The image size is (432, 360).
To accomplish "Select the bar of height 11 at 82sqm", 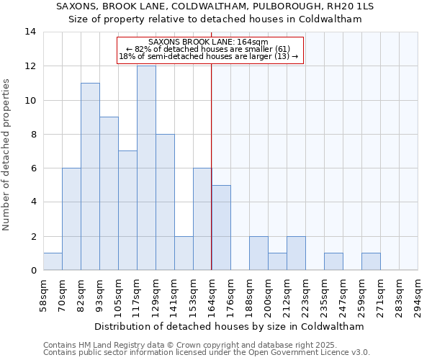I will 90,176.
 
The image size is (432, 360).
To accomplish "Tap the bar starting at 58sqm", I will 53,261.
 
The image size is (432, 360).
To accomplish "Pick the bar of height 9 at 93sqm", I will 109,194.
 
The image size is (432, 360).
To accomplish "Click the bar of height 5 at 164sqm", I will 221,228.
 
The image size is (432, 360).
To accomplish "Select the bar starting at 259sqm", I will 371,261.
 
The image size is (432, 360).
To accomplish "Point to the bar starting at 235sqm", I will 333,261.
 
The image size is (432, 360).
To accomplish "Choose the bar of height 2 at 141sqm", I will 184,253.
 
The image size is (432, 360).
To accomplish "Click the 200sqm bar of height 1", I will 277,261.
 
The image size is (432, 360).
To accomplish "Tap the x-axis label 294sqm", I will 418,295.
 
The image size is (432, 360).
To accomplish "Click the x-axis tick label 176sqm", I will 231,295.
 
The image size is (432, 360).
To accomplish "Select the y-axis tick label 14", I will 30,32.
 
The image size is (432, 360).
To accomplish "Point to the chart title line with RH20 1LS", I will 215,6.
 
